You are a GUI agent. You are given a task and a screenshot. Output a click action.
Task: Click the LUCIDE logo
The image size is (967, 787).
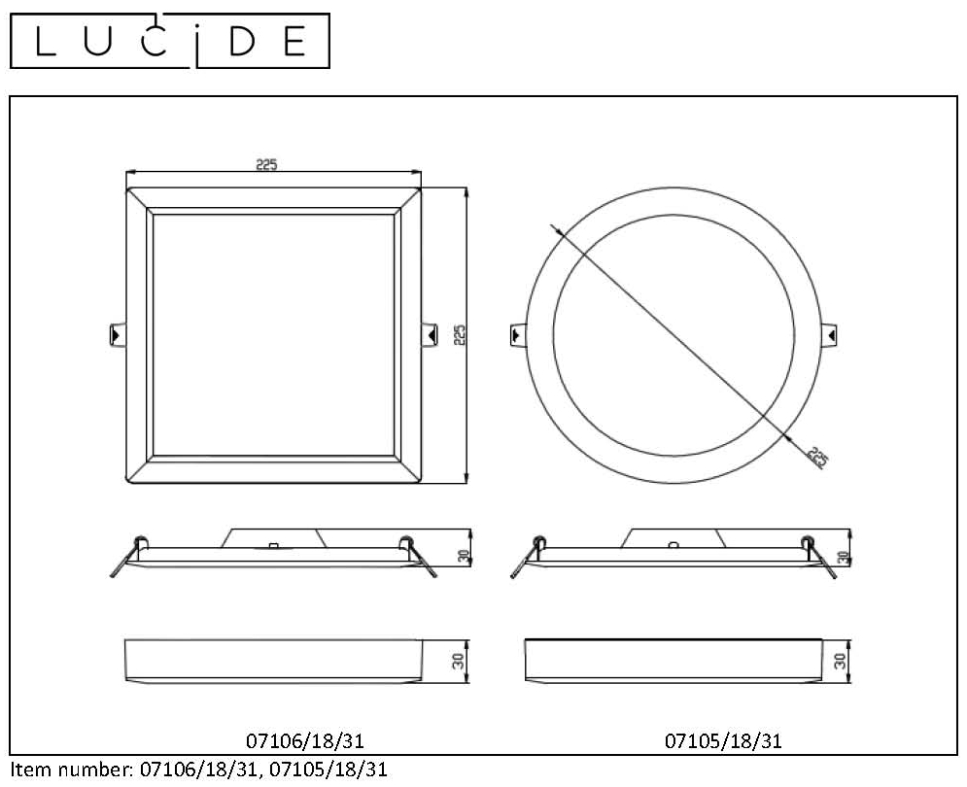(x=169, y=41)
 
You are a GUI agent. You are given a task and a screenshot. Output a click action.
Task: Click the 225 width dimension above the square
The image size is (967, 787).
(x=266, y=165)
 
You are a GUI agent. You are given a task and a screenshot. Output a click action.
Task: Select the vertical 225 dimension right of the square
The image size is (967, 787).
(x=461, y=334)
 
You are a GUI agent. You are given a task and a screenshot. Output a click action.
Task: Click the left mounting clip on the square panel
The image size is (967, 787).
(x=116, y=333)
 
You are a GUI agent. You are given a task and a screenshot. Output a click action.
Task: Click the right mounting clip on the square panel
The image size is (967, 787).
(x=431, y=333)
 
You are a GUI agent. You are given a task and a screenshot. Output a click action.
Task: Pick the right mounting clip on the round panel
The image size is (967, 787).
(x=831, y=333)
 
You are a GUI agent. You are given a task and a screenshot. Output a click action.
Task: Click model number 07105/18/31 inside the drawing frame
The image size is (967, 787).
(x=723, y=741)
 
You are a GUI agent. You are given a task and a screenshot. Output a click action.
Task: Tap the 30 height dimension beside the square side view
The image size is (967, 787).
(x=465, y=557)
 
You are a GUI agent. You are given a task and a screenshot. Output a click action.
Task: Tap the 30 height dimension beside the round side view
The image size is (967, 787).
(x=844, y=558)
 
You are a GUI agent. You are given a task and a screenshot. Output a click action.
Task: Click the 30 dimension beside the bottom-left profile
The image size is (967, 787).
(x=458, y=661)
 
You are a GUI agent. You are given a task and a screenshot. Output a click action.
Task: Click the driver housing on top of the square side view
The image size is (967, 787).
(x=274, y=538)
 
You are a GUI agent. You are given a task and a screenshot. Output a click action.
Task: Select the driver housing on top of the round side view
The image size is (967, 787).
(x=674, y=538)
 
